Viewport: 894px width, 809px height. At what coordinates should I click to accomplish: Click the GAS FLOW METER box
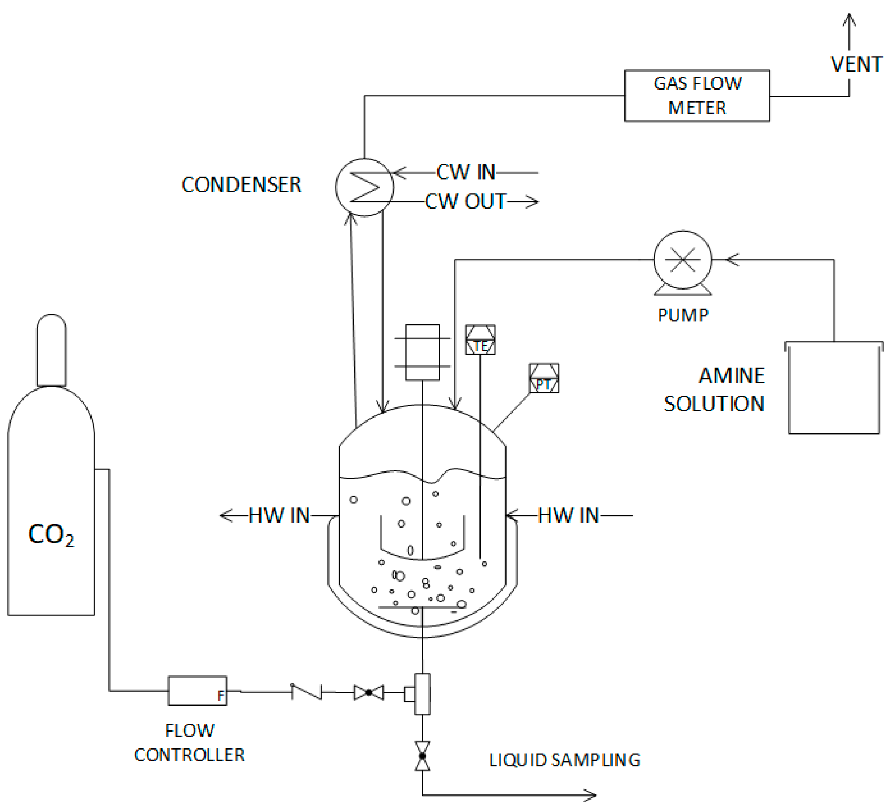click(x=697, y=95)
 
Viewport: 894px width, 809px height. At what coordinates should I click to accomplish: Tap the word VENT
click(x=856, y=65)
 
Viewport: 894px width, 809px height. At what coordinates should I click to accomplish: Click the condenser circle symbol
click(x=364, y=187)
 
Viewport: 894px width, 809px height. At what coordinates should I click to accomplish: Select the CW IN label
click(x=466, y=172)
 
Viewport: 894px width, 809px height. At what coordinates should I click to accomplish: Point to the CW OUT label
click(x=465, y=202)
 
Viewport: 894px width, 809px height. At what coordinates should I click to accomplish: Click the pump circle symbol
click(x=683, y=259)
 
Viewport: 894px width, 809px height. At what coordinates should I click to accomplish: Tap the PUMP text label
click(x=683, y=316)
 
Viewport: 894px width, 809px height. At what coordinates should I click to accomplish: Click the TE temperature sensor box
click(x=480, y=340)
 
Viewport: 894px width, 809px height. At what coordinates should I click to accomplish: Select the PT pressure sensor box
click(x=544, y=378)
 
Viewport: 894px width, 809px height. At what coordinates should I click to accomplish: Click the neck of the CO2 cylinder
click(x=51, y=350)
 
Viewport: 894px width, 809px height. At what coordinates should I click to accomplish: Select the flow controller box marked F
click(x=197, y=691)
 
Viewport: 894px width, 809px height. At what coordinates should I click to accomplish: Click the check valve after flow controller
click(x=307, y=692)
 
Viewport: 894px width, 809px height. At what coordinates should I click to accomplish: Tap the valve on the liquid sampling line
click(x=422, y=756)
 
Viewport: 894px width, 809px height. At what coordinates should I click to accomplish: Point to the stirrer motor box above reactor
click(x=422, y=352)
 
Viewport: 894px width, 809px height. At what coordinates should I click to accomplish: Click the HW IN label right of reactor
click(x=568, y=515)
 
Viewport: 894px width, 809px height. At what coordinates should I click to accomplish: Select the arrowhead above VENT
click(x=849, y=20)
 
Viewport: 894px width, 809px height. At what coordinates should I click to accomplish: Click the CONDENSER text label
click(x=241, y=185)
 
